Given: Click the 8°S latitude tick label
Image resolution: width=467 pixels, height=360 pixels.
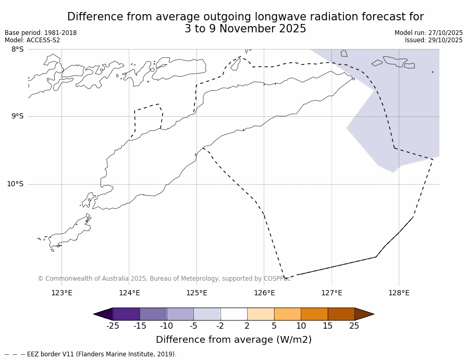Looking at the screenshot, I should pos(17,49).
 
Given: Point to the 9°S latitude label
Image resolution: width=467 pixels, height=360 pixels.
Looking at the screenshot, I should pos(17,116).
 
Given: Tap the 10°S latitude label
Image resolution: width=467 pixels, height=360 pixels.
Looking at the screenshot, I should pos(15,184).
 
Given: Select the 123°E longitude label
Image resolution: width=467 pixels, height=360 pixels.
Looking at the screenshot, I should pos(62,293).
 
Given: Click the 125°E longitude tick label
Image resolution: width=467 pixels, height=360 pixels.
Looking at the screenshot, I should pos(196,293).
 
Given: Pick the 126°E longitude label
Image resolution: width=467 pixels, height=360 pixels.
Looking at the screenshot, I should pos(264,293).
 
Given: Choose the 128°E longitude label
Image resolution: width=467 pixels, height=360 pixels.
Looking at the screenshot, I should pos(399,293).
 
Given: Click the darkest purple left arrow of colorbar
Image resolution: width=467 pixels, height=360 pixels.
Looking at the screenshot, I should pos(104,314).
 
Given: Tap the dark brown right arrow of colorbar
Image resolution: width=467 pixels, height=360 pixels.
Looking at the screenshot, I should pos(364,314).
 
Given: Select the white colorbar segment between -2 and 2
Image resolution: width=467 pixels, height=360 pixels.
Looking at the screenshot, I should pos(233,314).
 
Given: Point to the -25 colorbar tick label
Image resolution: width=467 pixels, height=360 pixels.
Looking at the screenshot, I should pos(113,326).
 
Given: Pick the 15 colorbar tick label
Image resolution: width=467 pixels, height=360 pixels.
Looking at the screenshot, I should pos(327,326).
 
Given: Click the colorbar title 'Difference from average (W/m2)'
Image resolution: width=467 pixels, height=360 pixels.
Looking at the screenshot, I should pos(233,340).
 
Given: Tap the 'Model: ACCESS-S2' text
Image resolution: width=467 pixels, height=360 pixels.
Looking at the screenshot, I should pos(32,40).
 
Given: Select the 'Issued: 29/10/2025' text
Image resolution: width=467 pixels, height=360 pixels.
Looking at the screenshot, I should pos(434,40).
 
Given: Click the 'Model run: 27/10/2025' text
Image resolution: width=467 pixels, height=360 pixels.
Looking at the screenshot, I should pos(428,33).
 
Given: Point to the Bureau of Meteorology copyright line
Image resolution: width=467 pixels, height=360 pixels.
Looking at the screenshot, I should pos(164,279).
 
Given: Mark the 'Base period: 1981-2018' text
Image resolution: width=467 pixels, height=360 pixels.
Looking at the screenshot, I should pos(41,33).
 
